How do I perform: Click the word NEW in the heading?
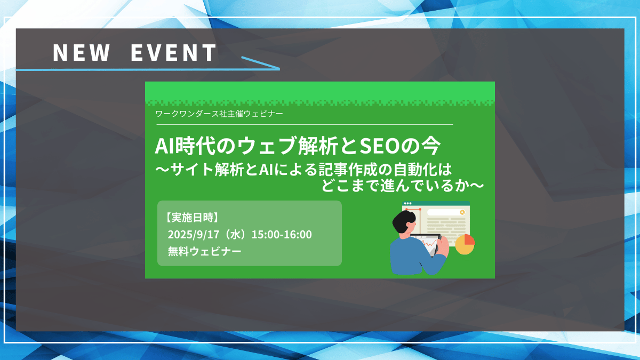82,53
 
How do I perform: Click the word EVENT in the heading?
173,53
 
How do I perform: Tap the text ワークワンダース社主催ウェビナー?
219,114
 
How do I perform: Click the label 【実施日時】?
192,218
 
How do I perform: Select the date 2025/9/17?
194,235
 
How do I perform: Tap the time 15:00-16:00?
282,235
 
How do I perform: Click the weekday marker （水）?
235,235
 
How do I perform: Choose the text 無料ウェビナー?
205,251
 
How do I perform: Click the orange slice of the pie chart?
469,239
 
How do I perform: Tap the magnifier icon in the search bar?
462,212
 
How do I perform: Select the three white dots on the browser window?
407,204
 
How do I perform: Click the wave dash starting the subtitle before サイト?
162,169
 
